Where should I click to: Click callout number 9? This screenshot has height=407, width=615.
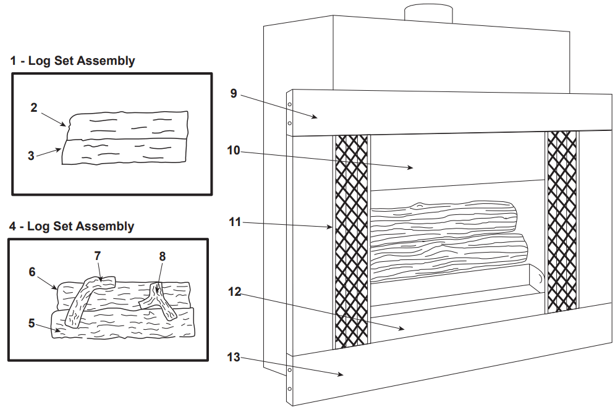click(x=234, y=93)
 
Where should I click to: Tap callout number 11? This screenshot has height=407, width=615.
click(x=234, y=221)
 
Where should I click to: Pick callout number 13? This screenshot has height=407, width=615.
click(x=234, y=357)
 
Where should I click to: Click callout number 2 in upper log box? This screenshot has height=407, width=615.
click(x=34, y=107)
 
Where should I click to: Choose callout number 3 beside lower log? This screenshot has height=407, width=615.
click(x=31, y=156)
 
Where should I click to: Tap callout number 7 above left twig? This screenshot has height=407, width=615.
click(x=97, y=255)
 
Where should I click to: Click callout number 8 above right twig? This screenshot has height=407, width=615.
click(x=162, y=255)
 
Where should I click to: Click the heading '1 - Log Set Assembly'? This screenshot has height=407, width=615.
click(x=72, y=61)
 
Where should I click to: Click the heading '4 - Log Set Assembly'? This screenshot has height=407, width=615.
click(x=71, y=226)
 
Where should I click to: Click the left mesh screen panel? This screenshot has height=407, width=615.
click(x=350, y=241)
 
